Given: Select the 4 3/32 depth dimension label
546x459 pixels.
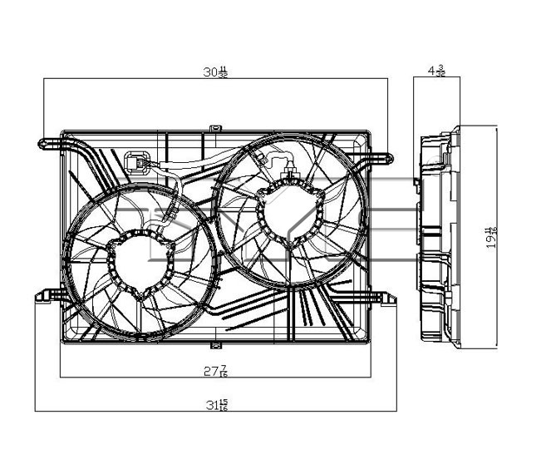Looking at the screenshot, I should (x=436, y=72).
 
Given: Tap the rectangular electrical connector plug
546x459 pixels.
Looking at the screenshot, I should (x=136, y=162).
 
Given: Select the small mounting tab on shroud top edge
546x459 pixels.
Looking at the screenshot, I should (x=215, y=128).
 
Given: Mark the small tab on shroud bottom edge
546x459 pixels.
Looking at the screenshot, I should (x=215, y=343).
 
